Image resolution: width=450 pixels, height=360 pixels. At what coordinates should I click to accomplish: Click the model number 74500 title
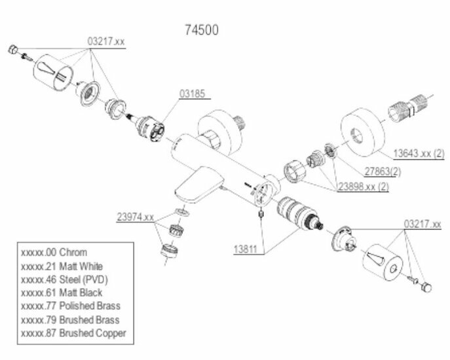click(203, 29)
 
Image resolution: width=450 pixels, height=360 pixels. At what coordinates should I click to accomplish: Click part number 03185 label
click(192, 94)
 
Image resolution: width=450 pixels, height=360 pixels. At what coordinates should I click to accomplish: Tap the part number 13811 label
click(246, 249)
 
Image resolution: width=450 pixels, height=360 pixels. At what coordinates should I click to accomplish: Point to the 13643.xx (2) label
click(419, 153)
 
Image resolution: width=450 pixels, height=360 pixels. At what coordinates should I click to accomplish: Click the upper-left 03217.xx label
click(106, 41)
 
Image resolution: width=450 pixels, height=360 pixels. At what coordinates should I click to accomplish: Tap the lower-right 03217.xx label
click(422, 225)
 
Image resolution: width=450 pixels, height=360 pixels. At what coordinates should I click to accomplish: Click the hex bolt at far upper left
click(12, 50)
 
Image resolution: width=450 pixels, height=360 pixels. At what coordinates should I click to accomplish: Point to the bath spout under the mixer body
click(193, 187)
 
